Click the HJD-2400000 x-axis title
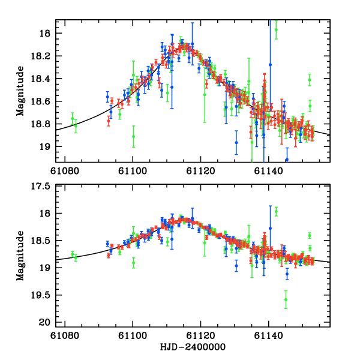coord(192,347)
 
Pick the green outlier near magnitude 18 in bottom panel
coord(276,211)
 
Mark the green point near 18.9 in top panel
coord(133,136)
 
